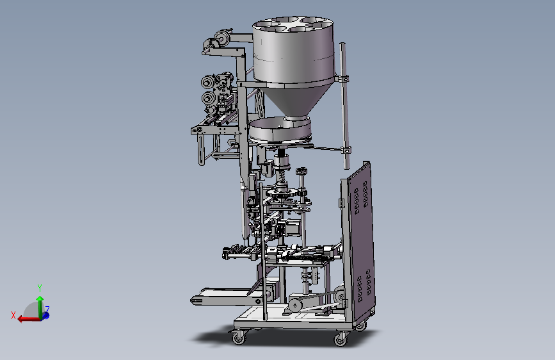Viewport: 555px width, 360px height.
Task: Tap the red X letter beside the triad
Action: click(13, 315)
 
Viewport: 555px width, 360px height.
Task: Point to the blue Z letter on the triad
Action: click(47, 309)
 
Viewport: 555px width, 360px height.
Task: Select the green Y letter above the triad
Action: click(40, 288)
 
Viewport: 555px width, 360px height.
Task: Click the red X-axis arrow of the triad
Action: click(28, 319)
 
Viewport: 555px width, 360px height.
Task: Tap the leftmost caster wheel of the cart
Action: click(238, 339)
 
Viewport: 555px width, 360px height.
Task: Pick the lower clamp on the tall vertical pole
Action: click(346, 151)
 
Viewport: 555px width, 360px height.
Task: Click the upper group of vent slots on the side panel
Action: click(361, 197)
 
